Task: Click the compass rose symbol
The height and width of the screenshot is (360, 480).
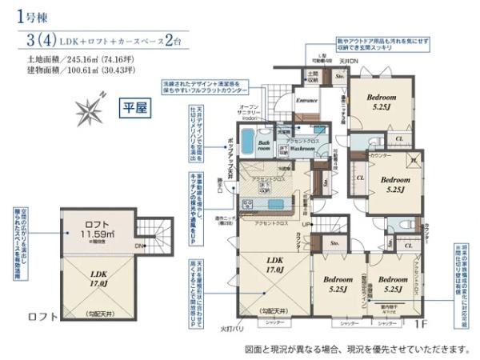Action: tap(90, 107)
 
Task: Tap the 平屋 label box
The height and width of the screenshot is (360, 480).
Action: tap(132, 106)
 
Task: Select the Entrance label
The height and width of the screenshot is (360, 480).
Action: tap(307, 102)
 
